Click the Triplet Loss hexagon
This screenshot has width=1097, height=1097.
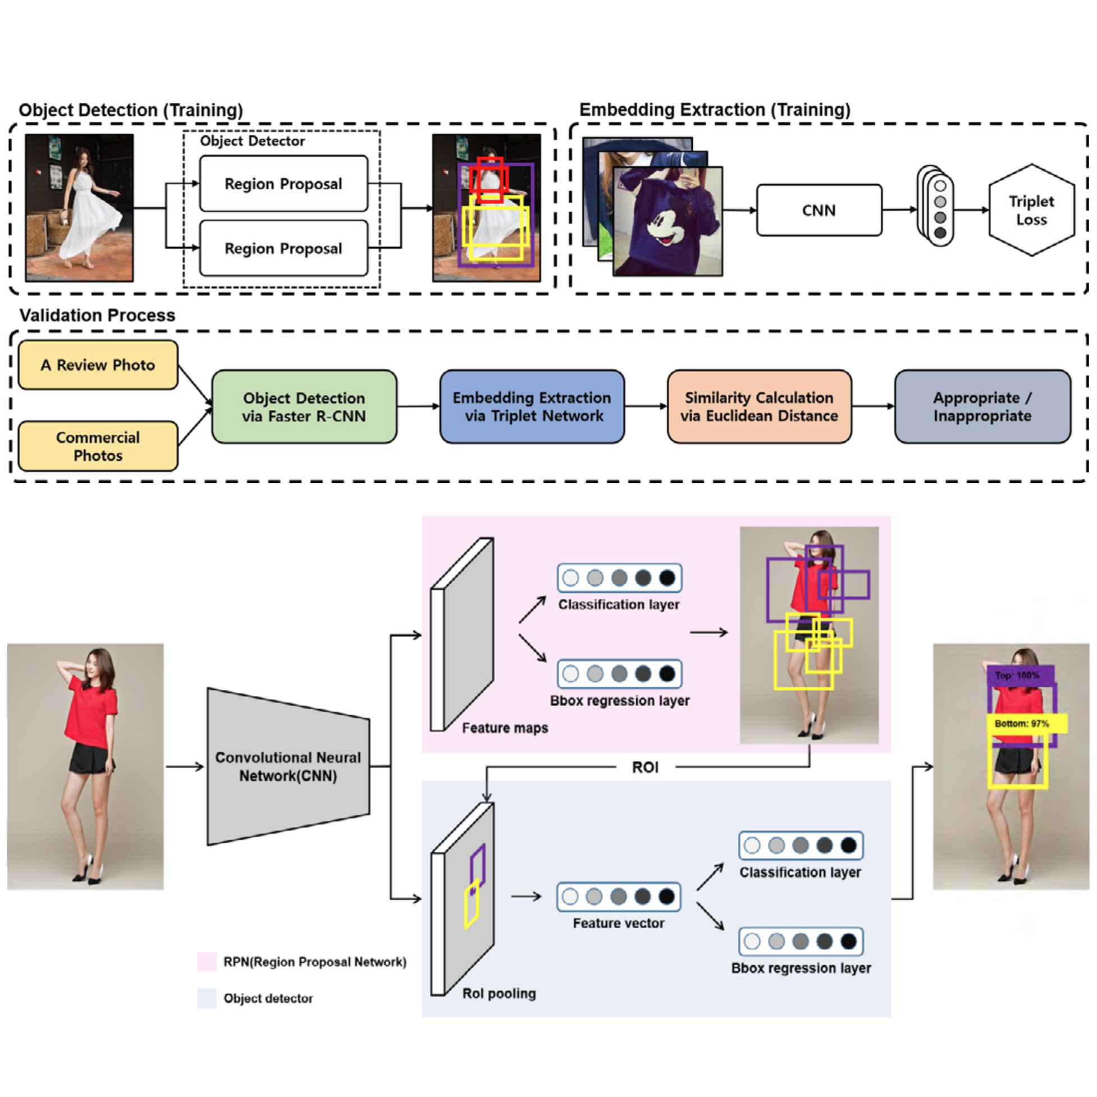pos(1031,210)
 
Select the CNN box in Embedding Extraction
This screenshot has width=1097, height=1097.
pos(819,210)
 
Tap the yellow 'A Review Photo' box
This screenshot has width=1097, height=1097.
pos(98,365)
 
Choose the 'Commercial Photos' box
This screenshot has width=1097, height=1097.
pos(98,446)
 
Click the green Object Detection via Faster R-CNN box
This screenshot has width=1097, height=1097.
pos(304,406)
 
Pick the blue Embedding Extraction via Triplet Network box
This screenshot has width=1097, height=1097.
pos(532,406)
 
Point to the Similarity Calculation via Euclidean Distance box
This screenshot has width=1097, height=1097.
pos(759,406)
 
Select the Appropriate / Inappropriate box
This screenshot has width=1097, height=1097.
pos(982,406)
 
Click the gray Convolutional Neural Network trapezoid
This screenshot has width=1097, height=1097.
pos(288,766)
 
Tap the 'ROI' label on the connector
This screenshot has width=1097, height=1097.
pos(645,767)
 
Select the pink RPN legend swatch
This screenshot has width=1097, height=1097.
pos(207,962)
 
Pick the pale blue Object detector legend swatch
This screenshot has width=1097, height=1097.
pos(207,998)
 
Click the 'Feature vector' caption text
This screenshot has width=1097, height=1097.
pos(618,924)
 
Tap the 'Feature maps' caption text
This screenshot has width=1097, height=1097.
pos(505,728)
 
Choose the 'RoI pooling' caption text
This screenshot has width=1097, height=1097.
pos(499,994)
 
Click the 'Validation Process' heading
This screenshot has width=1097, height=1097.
pos(97,315)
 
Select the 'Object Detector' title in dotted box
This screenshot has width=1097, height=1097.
pos(252,141)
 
